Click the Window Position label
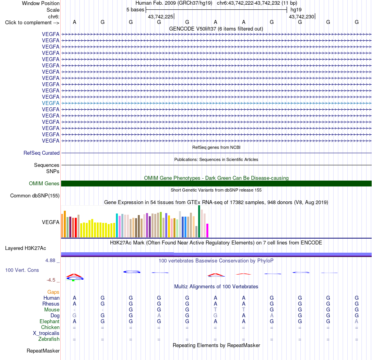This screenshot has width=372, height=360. [x=41, y=3]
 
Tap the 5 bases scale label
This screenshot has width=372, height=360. [x=135, y=10]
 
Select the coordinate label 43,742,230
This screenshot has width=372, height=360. [x=302, y=16]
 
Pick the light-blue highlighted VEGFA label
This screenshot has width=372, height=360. [x=51, y=103]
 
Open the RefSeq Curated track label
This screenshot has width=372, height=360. [x=42, y=153]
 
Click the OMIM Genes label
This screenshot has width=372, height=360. [x=44, y=183]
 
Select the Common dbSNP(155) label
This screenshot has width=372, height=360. [x=35, y=196]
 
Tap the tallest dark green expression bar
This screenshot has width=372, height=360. [x=199, y=221]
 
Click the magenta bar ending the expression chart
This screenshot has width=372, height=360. [x=208, y=230]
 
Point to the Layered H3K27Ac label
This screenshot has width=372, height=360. [x=25, y=248]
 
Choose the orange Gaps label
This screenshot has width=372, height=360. [x=53, y=292]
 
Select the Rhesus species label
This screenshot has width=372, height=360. [x=51, y=304]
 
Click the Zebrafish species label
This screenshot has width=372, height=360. [x=49, y=339]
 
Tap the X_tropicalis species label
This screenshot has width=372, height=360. [x=46, y=333]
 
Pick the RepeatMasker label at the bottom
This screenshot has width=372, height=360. [x=43, y=351]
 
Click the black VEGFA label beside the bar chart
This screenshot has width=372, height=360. [x=51, y=223]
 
